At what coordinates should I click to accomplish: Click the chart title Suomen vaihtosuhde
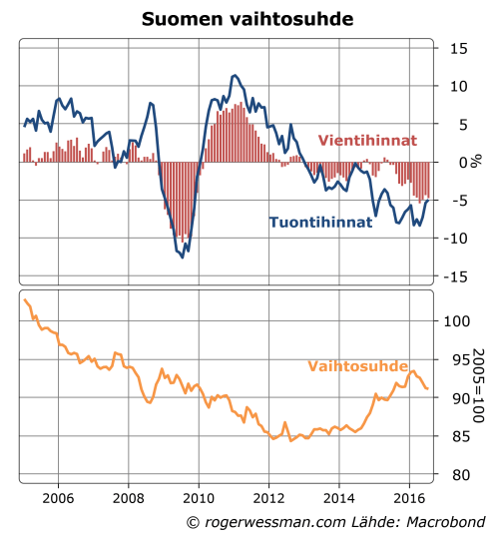point(247,18)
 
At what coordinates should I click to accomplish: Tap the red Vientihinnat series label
point(366,141)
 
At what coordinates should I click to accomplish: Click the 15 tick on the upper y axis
point(457,48)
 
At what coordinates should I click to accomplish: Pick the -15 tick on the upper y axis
point(454,276)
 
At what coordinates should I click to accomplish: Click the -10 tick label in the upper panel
point(454,239)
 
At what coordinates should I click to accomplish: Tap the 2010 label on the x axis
point(198,496)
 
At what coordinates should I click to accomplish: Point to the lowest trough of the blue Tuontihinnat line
point(182,257)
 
